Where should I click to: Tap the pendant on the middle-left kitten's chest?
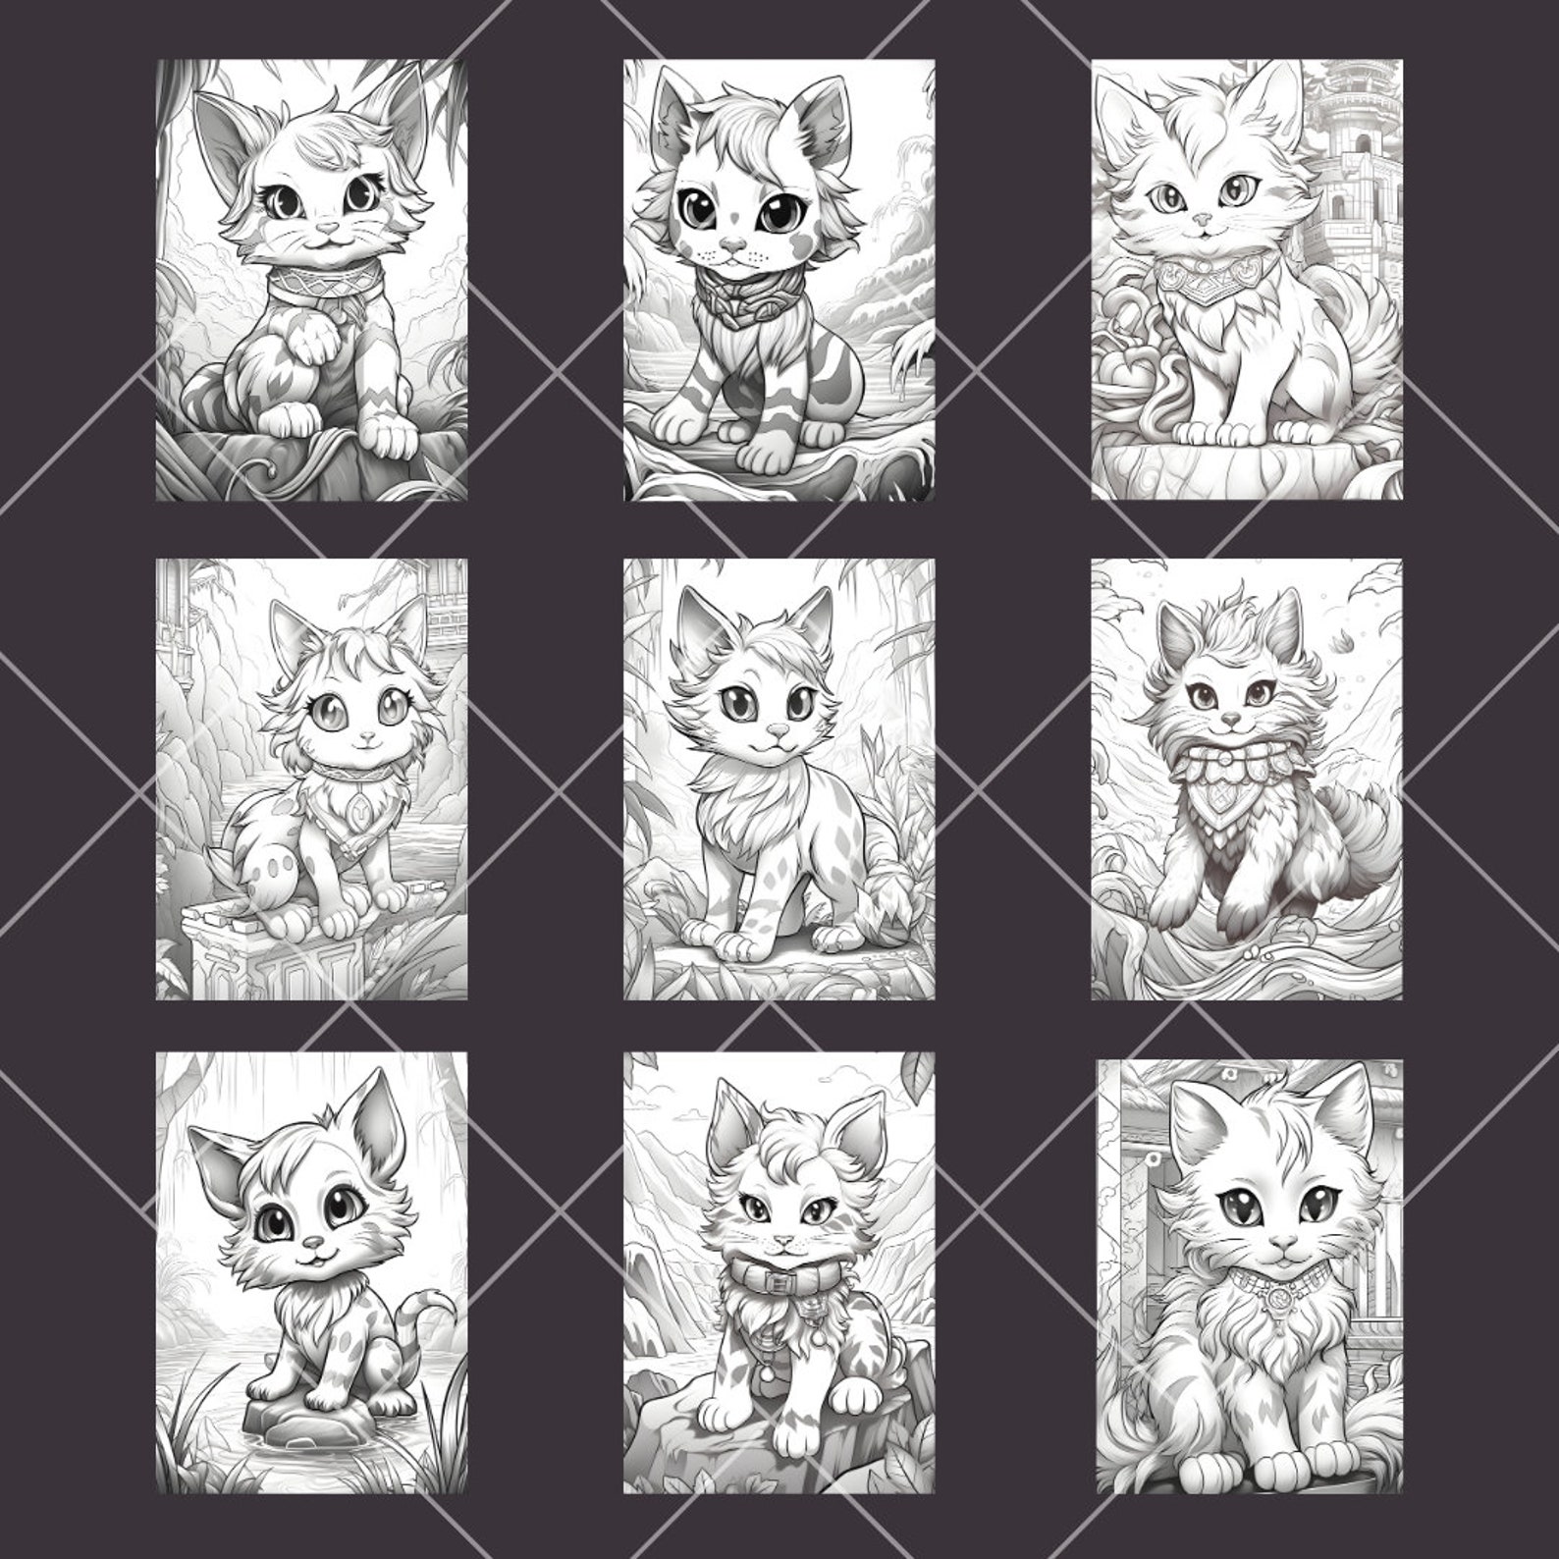[x=360, y=812]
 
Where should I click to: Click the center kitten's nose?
[x=778, y=730]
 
